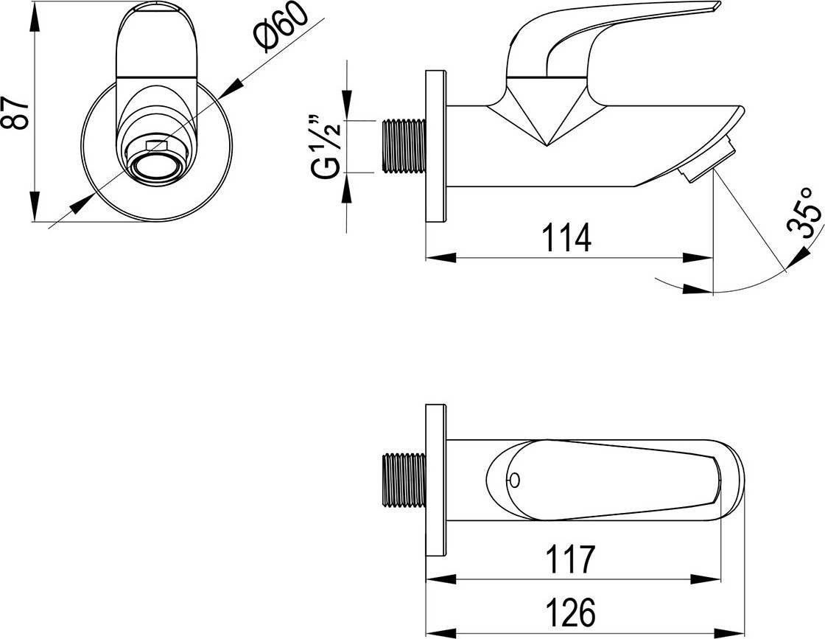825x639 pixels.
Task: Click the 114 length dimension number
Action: click(x=566, y=237)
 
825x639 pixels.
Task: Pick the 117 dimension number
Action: click(x=570, y=560)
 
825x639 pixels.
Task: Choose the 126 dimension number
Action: click(x=570, y=612)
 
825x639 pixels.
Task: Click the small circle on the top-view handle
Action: click(x=514, y=480)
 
